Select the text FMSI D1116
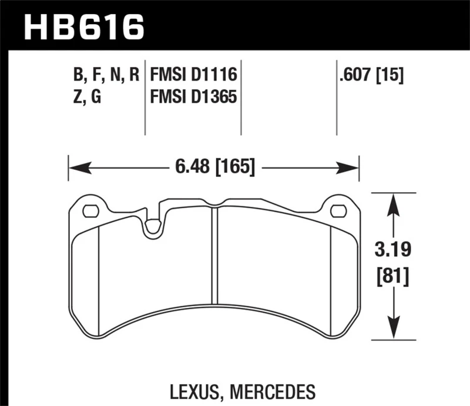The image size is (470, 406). point(193,75)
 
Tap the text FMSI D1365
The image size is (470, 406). point(193,96)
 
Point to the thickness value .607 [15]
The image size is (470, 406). point(371,75)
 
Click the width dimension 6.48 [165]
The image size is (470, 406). point(214,168)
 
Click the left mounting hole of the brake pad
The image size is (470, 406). point(90,210)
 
